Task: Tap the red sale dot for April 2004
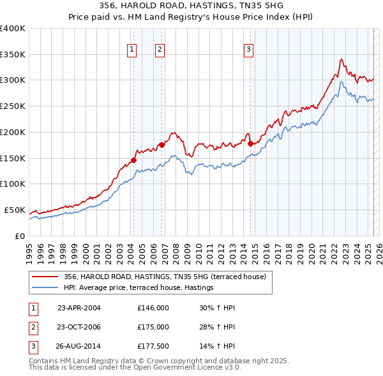[x=133, y=160]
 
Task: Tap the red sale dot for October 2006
[x=162, y=145]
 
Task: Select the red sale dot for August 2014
[x=250, y=143]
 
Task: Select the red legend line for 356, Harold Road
[x=45, y=277]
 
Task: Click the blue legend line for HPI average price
[x=45, y=287]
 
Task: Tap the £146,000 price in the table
[x=153, y=308]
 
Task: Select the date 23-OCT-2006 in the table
[x=79, y=327]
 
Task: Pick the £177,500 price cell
[x=153, y=347]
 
